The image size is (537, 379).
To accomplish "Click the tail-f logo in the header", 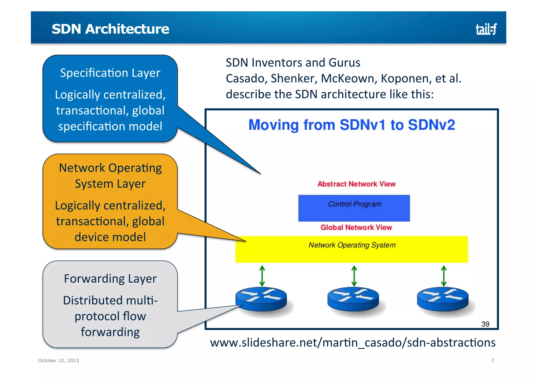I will coord(486,29).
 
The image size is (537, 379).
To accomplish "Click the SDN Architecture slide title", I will coord(110,29).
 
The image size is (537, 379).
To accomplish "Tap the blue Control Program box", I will coord(354,208).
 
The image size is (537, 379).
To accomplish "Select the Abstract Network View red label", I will coord(356,184).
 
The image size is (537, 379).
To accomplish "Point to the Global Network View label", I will coord(356,227).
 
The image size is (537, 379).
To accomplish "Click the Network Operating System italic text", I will coord(352,245).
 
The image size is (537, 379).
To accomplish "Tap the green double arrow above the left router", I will coord(262,276).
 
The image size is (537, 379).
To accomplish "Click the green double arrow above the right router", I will coord(444,276).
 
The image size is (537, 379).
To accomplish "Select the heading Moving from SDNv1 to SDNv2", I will coord(352,125).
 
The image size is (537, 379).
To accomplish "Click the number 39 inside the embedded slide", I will coord(485,324).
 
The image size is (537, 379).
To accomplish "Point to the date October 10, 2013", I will coord(58,360).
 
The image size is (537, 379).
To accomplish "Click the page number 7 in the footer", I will coord(492,360).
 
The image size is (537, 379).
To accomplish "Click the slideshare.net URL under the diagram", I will coord(353,343).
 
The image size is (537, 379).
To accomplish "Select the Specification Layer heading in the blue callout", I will coord(110,73).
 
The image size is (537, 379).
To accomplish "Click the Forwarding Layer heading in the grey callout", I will coord(110,279).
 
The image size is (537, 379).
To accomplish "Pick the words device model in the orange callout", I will coord(110,237).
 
